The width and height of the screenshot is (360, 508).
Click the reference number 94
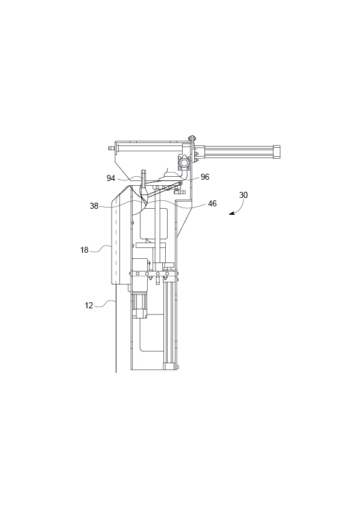(111, 178)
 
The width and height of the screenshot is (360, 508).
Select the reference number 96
(205, 177)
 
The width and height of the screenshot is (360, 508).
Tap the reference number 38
(94, 205)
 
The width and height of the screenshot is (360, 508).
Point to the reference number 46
(212, 204)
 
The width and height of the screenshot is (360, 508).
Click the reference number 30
(243, 195)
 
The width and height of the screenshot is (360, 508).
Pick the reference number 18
(84, 249)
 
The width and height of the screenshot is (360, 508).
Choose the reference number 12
(89, 305)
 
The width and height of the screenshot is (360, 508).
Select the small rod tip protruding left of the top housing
(111, 147)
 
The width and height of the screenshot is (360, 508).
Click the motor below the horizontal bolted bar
(141, 302)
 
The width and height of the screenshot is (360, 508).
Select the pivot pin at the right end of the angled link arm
(180, 184)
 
